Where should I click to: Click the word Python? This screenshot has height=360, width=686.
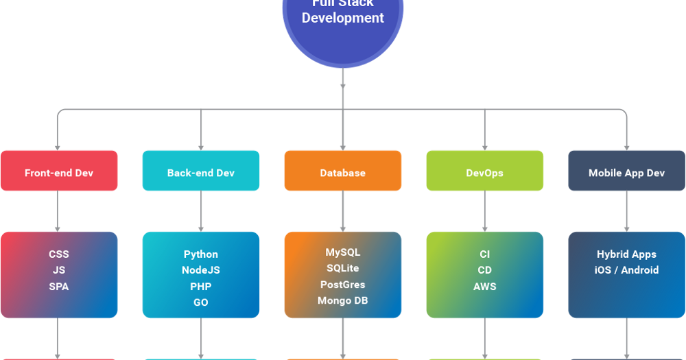pyautogui.click(x=201, y=254)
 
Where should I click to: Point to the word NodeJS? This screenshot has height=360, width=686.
pyautogui.click(x=201, y=270)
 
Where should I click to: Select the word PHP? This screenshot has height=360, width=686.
pyautogui.click(x=201, y=287)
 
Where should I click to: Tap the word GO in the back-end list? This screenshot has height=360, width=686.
pyautogui.click(x=201, y=302)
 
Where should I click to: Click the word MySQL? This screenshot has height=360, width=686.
pyautogui.click(x=343, y=252)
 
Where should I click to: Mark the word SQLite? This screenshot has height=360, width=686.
pyautogui.click(x=343, y=268)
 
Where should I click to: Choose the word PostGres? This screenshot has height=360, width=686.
pyautogui.click(x=343, y=285)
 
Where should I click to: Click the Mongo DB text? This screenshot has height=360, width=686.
pyautogui.click(x=343, y=300)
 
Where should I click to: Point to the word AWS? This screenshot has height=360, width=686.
pyautogui.click(x=485, y=287)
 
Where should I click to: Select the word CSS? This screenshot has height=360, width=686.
pyautogui.click(x=59, y=254)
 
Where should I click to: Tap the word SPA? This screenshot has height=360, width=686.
pyautogui.click(x=59, y=287)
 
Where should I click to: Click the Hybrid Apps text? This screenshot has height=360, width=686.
pyautogui.click(x=626, y=254)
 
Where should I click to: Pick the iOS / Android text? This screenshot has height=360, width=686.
pyautogui.click(x=626, y=270)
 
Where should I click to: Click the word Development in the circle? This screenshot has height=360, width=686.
pyautogui.click(x=343, y=19)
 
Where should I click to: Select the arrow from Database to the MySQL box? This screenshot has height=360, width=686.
pyautogui.click(x=343, y=211)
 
